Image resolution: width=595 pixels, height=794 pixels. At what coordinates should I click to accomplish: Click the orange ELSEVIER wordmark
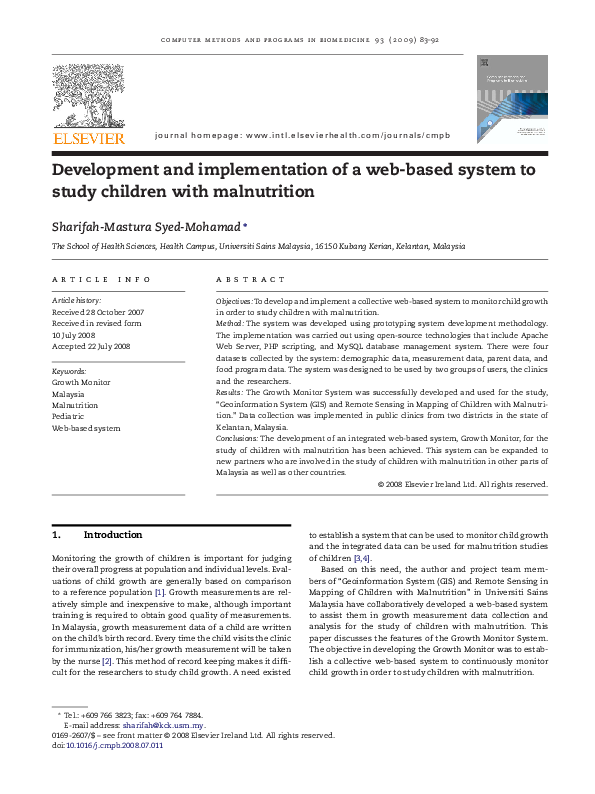click(x=89, y=137)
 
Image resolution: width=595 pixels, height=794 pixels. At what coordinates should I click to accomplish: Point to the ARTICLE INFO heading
click(x=101, y=280)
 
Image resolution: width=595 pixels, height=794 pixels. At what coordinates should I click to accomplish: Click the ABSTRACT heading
click(x=251, y=280)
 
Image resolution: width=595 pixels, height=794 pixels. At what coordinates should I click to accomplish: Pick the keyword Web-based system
click(x=86, y=428)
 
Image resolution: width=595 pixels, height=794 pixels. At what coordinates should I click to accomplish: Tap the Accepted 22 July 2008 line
click(x=91, y=346)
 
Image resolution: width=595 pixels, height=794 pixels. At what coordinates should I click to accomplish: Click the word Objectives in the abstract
click(x=235, y=301)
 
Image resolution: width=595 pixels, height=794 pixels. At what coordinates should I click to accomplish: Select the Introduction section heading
click(x=113, y=535)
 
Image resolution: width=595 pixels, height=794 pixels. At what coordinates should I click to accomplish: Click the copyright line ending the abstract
click(x=462, y=484)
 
